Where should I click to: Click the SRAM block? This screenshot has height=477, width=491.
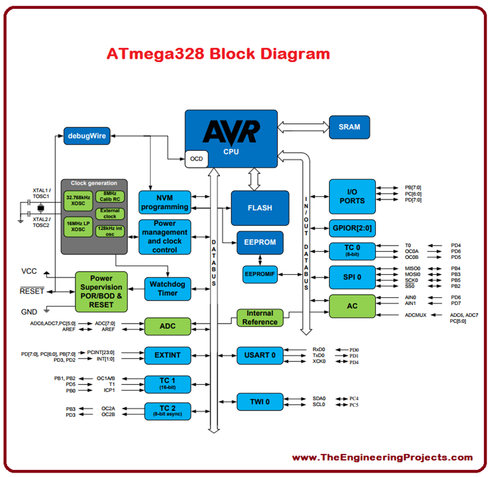click(350, 127)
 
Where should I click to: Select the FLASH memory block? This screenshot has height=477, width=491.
click(260, 208)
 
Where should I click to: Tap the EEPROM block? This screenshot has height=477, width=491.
click(260, 243)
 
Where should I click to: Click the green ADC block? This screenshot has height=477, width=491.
click(168, 326)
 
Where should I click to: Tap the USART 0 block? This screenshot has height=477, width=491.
click(260, 356)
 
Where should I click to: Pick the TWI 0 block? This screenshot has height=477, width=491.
click(260, 402)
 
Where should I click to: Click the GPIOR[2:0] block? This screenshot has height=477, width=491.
click(352, 228)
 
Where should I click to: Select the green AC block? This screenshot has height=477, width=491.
click(352, 306)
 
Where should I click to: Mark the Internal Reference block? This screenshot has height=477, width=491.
click(260, 318)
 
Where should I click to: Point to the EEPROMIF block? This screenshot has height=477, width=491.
click(260, 274)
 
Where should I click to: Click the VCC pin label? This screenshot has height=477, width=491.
click(29, 271)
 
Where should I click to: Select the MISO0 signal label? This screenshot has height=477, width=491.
click(414, 268)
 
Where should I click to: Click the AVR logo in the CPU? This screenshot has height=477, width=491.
click(231, 132)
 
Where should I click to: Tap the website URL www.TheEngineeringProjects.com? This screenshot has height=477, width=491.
click(382, 457)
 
